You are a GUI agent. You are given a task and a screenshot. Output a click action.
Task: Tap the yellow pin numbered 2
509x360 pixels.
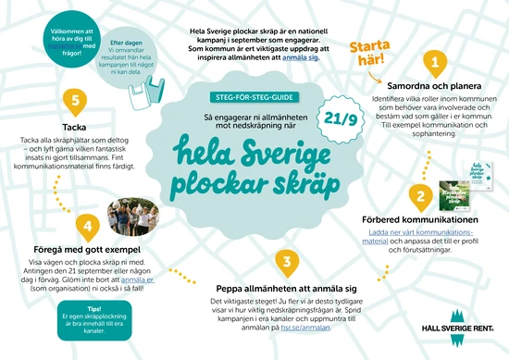[419, 196]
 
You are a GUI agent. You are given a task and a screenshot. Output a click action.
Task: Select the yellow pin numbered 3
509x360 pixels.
[288, 262]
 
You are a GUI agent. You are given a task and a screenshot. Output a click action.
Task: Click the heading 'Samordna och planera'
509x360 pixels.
[431, 83]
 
